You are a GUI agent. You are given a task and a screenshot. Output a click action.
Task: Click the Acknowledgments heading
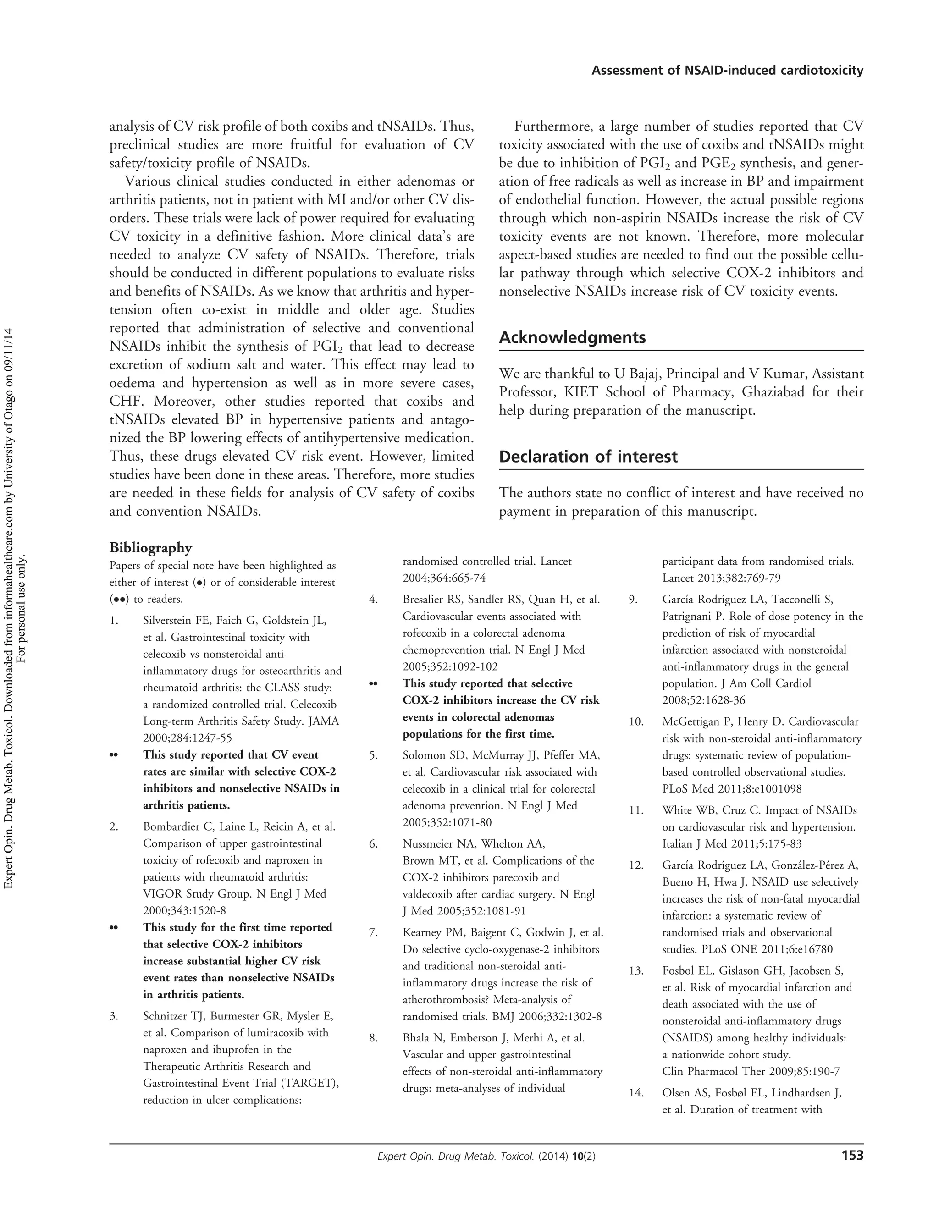[x=572, y=338]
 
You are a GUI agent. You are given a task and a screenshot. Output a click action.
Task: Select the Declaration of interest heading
[x=588, y=457]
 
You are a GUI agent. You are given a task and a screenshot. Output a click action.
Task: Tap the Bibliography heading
[x=150, y=548]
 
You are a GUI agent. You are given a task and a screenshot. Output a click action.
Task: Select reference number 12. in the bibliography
[x=636, y=865]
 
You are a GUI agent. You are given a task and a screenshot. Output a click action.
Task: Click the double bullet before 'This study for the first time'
[x=114, y=927]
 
